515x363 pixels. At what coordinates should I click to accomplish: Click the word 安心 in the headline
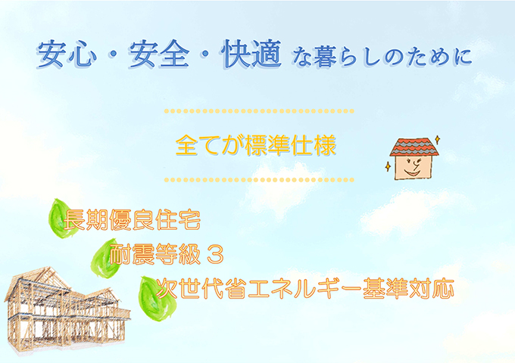[67, 54]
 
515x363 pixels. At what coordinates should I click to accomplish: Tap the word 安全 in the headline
[160, 54]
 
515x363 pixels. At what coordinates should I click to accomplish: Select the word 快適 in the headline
[252, 54]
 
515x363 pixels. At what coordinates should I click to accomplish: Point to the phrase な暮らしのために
[382, 57]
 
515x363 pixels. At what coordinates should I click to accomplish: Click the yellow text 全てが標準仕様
[256, 145]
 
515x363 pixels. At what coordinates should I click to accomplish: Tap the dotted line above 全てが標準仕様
[259, 111]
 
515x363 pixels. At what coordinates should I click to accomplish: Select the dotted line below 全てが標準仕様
[259, 180]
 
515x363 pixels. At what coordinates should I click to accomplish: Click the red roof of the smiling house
[414, 147]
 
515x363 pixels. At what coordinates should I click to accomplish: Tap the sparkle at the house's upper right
[438, 139]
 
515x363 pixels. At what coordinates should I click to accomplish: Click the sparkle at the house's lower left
[388, 166]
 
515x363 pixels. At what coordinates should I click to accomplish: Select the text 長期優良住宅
[132, 220]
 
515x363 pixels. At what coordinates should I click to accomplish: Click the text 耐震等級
[154, 254]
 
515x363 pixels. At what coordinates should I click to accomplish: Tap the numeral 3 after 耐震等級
[216, 255]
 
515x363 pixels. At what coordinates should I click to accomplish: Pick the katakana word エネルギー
[304, 289]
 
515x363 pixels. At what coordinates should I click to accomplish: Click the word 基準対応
[408, 289]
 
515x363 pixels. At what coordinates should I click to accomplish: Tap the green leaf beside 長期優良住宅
[61, 219]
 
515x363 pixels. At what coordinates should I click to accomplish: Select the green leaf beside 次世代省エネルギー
[156, 299]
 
